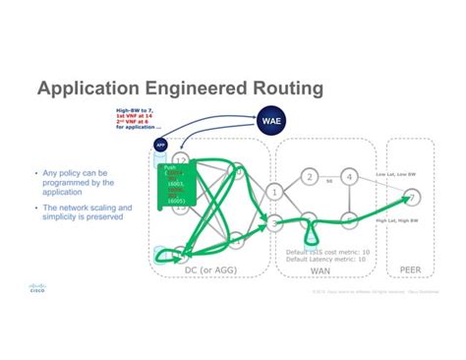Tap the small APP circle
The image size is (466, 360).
(161, 145)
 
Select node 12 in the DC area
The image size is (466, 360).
(181, 159)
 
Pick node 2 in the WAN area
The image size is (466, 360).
(310, 177)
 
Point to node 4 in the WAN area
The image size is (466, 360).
(348, 176)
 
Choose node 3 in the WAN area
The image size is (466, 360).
(276, 224)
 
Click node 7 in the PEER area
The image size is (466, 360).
(414, 198)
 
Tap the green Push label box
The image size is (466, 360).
(178, 188)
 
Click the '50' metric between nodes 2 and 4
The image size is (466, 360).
(329, 183)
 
